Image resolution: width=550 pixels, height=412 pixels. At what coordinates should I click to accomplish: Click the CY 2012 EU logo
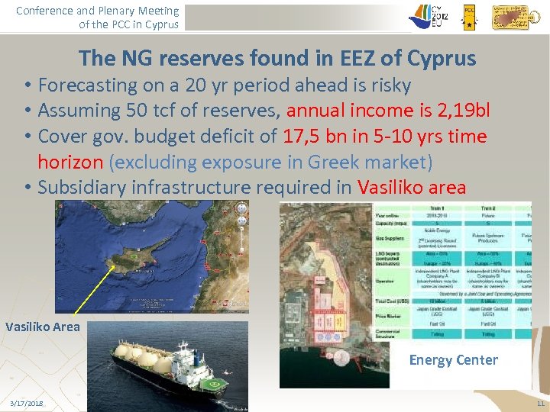tap(430, 16)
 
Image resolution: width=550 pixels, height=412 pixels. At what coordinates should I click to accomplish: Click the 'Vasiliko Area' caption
tap(43, 327)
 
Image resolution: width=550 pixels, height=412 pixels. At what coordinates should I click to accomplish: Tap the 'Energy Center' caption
tap(453, 359)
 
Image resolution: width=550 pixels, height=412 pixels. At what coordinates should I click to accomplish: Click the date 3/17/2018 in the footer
tap(27, 402)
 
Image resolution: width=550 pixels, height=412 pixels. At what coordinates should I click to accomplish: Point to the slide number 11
tap(540, 402)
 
